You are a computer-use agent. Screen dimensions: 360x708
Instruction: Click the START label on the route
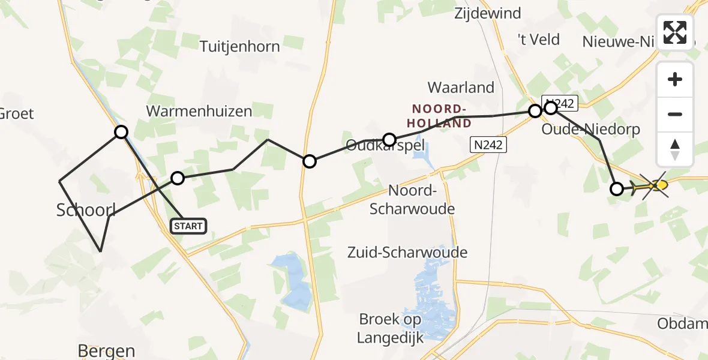(188, 226)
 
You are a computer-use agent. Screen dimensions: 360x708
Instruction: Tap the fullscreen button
(675, 32)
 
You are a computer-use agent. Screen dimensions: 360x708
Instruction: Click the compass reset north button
(675, 149)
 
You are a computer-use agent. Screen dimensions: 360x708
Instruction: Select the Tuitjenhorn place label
(239, 47)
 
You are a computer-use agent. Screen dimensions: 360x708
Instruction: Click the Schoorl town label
(86, 209)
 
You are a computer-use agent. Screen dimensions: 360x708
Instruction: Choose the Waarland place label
(461, 88)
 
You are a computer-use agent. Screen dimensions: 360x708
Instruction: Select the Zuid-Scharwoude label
(407, 253)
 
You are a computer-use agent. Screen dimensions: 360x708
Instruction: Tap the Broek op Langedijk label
(391, 328)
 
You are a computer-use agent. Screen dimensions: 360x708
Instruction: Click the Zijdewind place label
(488, 13)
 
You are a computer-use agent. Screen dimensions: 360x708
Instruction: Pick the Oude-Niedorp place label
(591, 130)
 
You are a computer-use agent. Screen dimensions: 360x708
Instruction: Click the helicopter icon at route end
(652, 186)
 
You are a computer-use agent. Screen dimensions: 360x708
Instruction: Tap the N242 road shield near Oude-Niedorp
(559, 103)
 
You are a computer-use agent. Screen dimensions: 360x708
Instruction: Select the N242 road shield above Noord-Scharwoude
(487, 145)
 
